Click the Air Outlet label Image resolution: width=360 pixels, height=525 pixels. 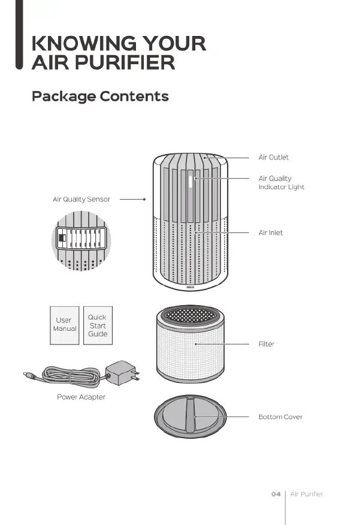tap(273, 158)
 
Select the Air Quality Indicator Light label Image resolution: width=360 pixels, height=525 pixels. tap(281, 183)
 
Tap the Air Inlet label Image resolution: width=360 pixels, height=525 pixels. tap(271, 233)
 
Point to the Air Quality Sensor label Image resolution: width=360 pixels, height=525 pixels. tap(81, 199)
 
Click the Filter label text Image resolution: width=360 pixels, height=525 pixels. tap(266, 345)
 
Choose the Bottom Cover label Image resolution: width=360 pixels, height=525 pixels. tap(280, 417)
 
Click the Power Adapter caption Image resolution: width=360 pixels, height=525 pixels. tap(81, 397)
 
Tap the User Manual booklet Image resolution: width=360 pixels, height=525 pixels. tap(64, 324)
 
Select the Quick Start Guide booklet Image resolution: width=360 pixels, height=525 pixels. tap(97, 325)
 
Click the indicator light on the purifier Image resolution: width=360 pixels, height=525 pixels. tap(191, 182)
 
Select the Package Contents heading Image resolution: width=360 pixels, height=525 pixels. tap(100, 96)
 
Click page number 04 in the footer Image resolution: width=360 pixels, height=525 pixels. tap(276, 494)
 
